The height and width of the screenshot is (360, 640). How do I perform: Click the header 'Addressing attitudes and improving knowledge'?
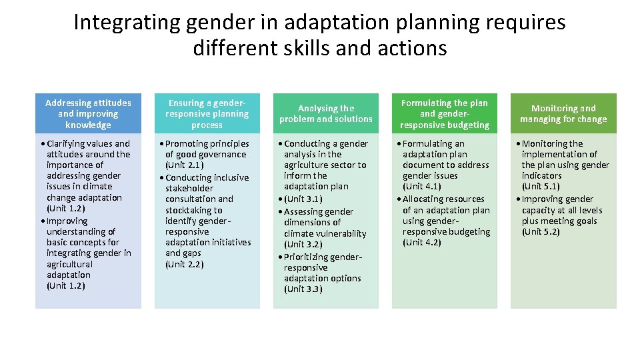(x=88, y=114)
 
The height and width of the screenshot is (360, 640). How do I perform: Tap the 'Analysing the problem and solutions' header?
(x=326, y=113)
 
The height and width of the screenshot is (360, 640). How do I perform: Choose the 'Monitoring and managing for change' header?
(x=563, y=113)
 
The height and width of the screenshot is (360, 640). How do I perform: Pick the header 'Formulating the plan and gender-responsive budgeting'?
(x=445, y=114)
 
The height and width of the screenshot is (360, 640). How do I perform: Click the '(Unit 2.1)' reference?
(x=185, y=165)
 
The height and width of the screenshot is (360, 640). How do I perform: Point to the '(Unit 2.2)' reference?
(x=185, y=264)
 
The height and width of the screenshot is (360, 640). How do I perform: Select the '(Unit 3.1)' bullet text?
(x=303, y=199)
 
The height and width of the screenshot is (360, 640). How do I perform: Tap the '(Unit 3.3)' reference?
(x=303, y=289)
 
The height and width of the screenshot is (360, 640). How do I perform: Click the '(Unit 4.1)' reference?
(x=422, y=187)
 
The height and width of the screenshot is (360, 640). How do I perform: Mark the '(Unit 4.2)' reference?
(x=422, y=243)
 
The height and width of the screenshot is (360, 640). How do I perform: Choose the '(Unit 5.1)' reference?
(x=541, y=187)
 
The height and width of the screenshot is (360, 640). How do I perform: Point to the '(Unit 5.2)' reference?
(x=541, y=232)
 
